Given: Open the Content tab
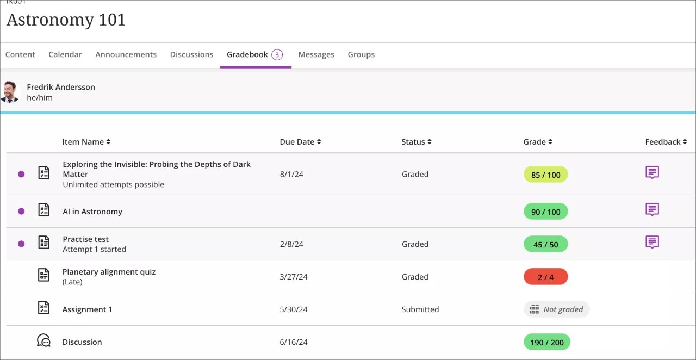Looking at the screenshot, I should point(20,54).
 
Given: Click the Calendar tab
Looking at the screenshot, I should point(65,54).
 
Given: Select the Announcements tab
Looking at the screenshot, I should point(126,54).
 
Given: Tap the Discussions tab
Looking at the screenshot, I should point(191,54).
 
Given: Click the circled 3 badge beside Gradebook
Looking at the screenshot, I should point(277,54).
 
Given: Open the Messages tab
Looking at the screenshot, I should point(316,54).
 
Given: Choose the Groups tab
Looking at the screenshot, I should point(361,54).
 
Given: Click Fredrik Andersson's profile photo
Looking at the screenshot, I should point(10,92).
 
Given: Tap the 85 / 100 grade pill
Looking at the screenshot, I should point(545,175).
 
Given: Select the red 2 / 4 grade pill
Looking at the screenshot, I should point(545,277).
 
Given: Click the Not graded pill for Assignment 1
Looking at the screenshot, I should point(556,309).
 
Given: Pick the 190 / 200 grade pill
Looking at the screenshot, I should point(546,342).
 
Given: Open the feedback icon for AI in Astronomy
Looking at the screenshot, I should point(652,209).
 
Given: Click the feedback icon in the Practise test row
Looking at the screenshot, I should point(652,242).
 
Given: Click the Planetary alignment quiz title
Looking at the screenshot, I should point(109,272).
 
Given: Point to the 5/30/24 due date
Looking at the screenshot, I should point(294,309).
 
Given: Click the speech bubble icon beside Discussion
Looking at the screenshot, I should point(43,341).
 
